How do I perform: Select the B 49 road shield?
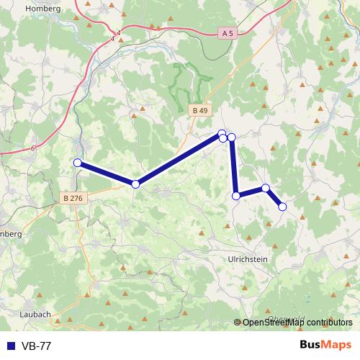200,110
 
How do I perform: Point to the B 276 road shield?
73,198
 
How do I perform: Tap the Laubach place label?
35,314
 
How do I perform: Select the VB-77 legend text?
35,346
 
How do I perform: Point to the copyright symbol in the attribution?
238,323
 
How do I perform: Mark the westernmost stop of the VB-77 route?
77,163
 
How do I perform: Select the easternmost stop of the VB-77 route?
282,207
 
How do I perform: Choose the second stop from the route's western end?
135,184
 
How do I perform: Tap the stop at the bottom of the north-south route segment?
236,196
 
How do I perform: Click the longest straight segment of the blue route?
179,159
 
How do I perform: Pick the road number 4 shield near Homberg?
117,32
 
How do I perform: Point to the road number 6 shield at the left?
33,148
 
